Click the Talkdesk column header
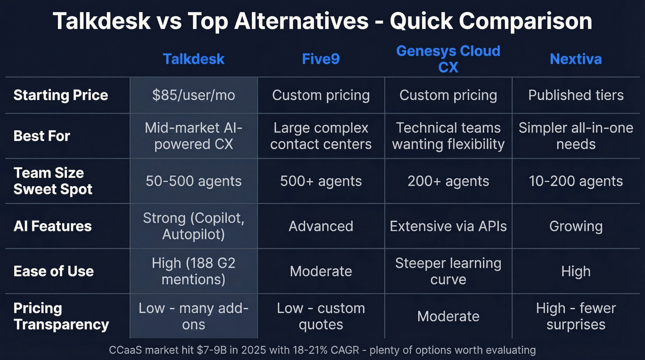tap(193, 59)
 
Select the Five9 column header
tap(321, 59)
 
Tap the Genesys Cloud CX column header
tap(448, 59)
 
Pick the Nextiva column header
tap(575, 59)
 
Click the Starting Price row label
tap(61, 95)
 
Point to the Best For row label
tap(42, 136)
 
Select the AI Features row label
tap(53, 226)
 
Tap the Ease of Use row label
tap(53, 271)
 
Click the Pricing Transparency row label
tap(61, 316)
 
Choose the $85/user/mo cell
tap(193, 95)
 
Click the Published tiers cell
tap(575, 95)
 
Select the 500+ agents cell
tap(321, 181)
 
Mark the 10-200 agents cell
tap(575, 181)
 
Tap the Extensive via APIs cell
tap(448, 226)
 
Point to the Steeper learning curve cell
tap(448, 271)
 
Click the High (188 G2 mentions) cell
tap(193, 271)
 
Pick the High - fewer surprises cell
tap(575, 316)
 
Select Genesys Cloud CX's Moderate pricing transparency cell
tap(448, 316)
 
